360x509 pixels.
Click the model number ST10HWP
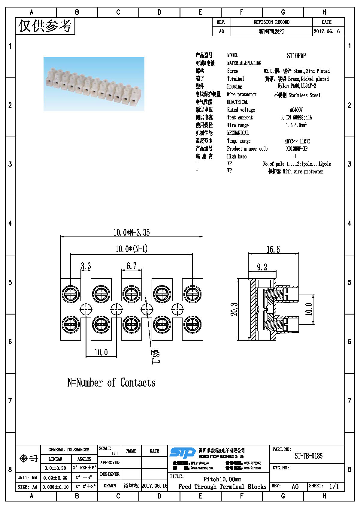coord(296,56)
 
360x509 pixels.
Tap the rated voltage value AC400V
coord(296,110)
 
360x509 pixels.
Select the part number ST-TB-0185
coord(308,456)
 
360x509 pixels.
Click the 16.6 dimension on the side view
coord(273,249)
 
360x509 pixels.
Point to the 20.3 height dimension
coord(234,309)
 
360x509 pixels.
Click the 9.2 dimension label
coord(262,267)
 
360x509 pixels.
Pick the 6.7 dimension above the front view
coord(131,266)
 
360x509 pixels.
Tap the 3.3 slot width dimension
coord(86,266)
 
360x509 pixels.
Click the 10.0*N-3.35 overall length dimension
coord(131,232)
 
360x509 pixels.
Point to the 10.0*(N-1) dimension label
coord(131,249)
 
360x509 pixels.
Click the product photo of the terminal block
coord(94,84)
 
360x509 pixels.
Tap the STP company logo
coord(182,453)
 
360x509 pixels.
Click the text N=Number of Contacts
coord(111,383)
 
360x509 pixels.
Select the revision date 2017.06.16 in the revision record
coord(326,32)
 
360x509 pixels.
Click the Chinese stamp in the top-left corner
coord(45,26)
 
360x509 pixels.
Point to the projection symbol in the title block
coord(28,458)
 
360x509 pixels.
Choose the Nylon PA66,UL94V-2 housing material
coord(297,86)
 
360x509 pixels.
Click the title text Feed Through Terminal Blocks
coord(222,487)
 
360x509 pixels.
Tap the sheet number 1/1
coord(334,486)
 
